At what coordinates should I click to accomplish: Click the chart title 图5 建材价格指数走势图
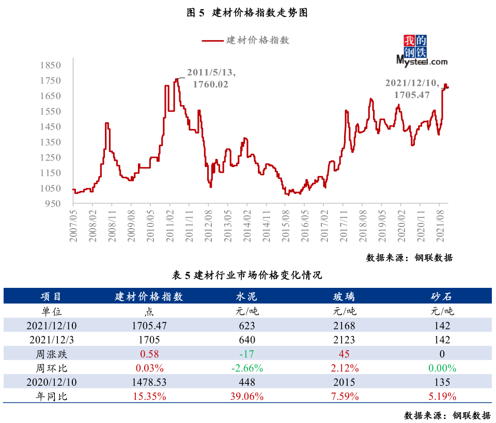[247, 12]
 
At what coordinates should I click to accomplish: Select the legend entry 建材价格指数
[246, 40]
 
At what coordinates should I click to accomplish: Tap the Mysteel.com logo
[422, 51]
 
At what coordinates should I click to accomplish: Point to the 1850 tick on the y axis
[50, 65]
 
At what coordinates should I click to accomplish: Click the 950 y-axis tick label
[53, 204]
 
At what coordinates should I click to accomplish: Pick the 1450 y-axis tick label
[50, 127]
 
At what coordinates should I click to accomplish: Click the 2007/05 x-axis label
[73, 226]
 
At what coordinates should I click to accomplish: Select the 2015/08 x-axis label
[286, 226]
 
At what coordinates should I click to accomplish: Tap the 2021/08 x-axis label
[440, 226]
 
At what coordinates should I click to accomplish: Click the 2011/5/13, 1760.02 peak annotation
[211, 78]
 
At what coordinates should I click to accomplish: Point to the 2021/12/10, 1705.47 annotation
[412, 89]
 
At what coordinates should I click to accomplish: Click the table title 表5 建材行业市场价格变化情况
[247, 275]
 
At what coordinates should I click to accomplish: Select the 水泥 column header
[247, 296]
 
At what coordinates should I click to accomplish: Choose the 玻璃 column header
[344, 296]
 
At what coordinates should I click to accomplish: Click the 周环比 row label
[51, 368]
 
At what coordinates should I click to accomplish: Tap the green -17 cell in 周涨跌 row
[247, 354]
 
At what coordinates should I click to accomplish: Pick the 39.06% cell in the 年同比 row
[247, 397]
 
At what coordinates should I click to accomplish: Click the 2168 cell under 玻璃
[344, 326]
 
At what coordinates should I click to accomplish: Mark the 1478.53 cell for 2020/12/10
[149, 382]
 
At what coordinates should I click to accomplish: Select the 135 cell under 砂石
[442, 382]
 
